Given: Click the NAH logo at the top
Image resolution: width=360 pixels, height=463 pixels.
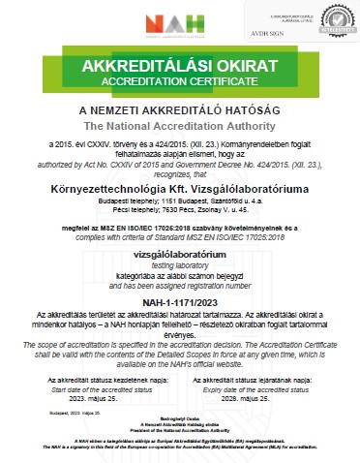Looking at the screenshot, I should point(180,24).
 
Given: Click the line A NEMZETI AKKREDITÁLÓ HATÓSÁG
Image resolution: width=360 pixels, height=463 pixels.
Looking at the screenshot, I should point(179,110).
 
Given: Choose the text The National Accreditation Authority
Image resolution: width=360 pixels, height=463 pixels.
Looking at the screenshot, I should point(179,126).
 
